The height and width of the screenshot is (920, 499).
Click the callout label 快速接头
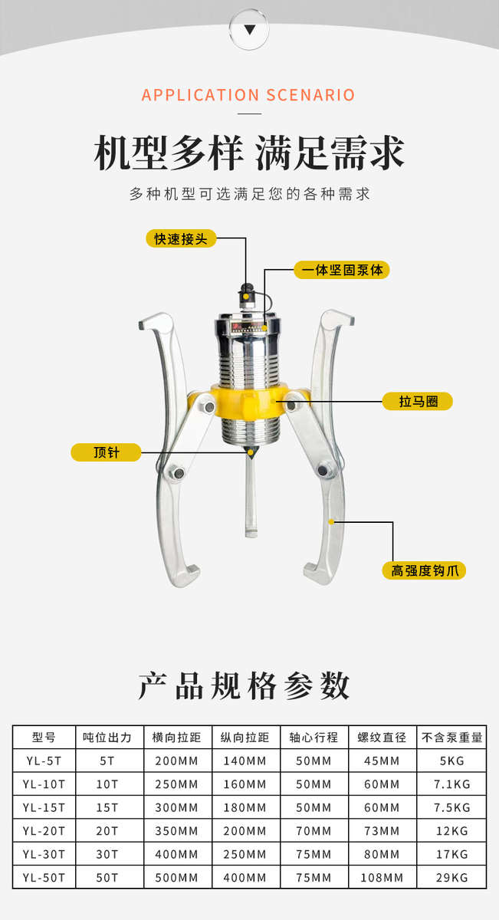pos(182,238)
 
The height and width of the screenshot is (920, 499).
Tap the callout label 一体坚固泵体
pos(342,270)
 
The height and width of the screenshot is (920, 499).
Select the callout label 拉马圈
pos(418,401)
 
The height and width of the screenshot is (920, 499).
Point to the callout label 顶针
pos(106,452)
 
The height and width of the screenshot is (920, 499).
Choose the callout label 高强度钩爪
pos(423,570)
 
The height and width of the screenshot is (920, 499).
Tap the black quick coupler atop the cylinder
pos(248,295)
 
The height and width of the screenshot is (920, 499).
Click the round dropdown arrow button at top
pos(249,29)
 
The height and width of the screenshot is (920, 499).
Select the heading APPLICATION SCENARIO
pos(248,95)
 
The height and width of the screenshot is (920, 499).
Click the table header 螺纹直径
pos(382,738)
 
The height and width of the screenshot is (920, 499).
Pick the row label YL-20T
pos(44,830)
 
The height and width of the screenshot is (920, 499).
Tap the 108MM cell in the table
pos(382,876)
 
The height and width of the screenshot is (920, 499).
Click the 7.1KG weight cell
pos(451,784)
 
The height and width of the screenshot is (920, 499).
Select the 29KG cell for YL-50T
pos(451,876)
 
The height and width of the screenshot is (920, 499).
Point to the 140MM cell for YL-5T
pos(245,761)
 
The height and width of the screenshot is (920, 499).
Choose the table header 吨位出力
pos(108,738)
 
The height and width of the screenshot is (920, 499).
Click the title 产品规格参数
pos(245,685)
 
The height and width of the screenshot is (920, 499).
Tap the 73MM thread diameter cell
pos(382,830)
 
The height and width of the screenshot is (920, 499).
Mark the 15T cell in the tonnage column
pos(108,807)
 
